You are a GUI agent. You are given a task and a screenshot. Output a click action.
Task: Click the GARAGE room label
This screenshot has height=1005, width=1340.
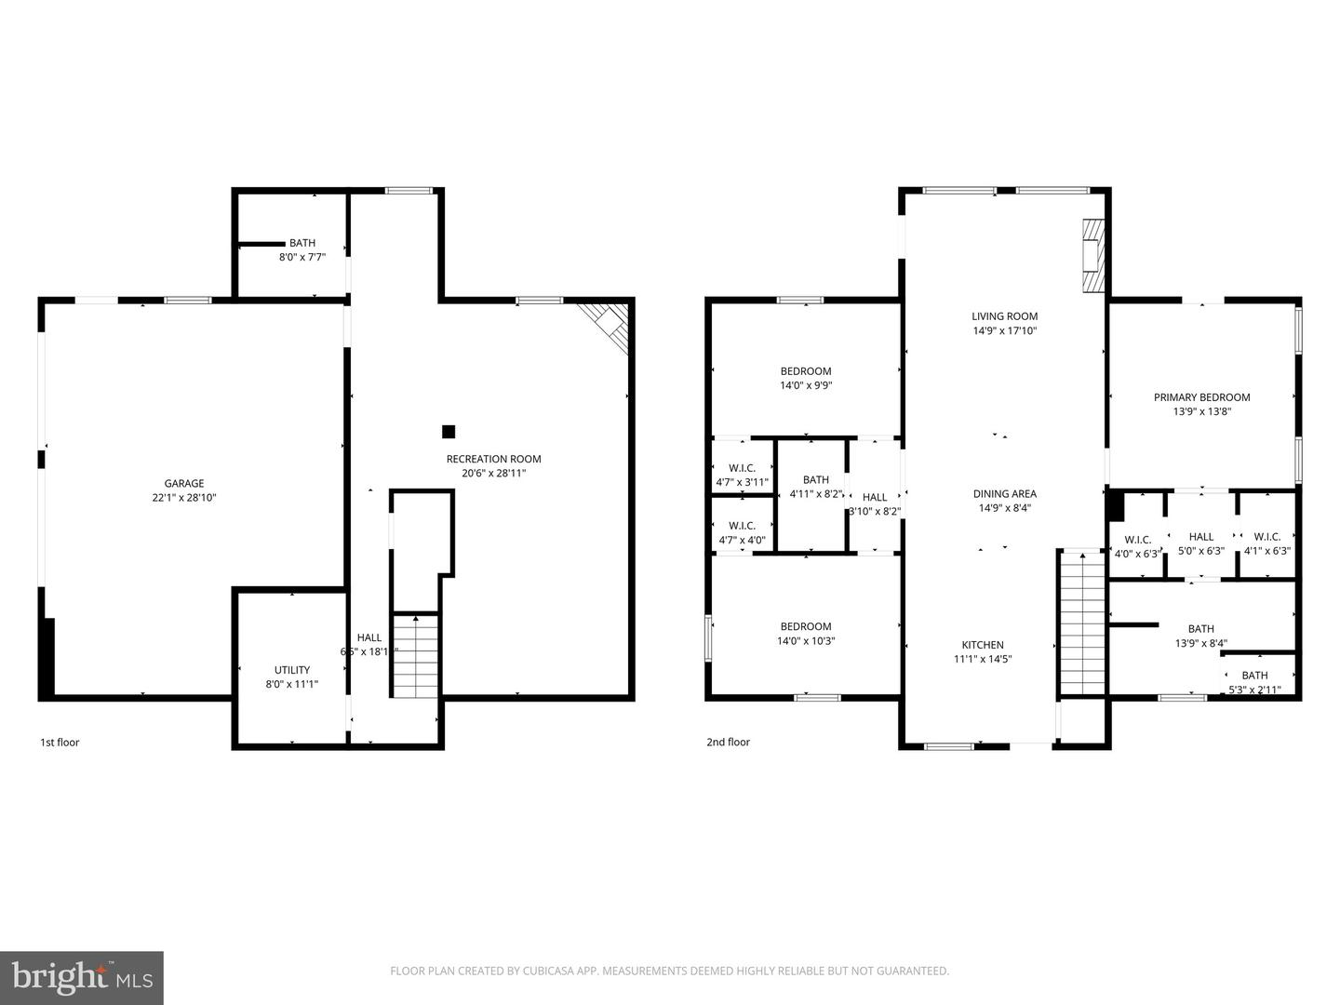184,484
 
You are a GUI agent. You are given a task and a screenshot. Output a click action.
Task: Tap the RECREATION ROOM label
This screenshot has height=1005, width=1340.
493,459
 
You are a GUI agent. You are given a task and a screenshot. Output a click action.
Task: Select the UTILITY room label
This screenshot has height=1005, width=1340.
292,670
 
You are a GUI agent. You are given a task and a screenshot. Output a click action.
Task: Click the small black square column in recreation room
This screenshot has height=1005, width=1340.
449,432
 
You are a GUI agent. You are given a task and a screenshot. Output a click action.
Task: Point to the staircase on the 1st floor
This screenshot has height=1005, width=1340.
415,656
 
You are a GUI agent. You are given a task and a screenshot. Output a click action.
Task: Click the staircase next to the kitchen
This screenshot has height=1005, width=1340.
1081,623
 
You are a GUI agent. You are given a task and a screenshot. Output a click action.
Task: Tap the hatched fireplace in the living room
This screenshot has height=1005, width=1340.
1092,256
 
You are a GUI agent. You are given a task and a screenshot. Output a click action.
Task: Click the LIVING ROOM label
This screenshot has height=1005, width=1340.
1005,316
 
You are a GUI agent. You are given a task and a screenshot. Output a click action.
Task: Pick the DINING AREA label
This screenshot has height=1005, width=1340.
1005,494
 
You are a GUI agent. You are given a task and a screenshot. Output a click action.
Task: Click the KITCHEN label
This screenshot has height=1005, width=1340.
983,645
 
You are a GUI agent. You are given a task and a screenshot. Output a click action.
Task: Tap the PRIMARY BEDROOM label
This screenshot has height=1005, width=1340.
1202,397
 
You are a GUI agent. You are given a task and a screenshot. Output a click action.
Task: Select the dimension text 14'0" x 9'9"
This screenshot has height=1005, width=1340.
806,385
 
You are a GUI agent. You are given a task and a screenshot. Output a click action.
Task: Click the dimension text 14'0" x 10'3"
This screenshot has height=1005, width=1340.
806,641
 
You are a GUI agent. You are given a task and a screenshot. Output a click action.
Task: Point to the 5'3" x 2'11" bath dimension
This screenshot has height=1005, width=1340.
1255,690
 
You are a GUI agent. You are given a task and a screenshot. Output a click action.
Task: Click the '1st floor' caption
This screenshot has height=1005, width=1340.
60,743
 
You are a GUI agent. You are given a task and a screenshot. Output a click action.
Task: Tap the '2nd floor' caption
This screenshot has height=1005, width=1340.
728,743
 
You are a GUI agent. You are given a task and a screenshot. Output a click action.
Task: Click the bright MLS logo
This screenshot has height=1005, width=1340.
82,977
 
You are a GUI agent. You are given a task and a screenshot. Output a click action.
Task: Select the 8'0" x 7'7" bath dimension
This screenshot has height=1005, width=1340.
302,257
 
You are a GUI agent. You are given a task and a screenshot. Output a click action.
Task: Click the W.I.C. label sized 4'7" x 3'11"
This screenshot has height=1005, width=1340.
742,468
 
